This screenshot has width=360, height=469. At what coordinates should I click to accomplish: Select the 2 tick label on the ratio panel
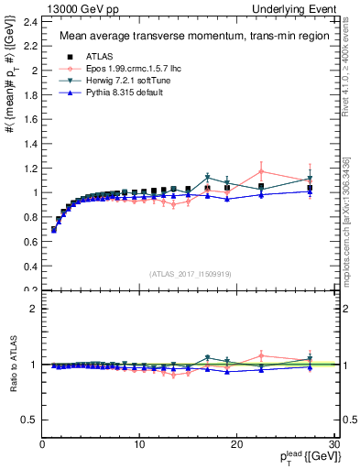34,309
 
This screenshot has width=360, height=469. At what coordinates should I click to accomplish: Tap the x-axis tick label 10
139,444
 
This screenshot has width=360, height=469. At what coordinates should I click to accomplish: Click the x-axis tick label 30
333,444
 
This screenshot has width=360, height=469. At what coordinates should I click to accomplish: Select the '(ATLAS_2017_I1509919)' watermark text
190,273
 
